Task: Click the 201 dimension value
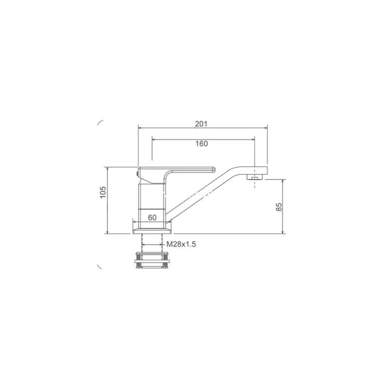[201, 124]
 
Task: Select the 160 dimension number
[201, 143]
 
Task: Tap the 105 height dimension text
[103, 192]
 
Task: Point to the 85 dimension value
[279, 207]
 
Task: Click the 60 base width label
[152, 217]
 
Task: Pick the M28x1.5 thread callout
[181, 245]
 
